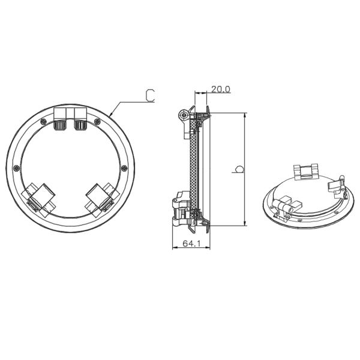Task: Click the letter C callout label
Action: coord(150,94)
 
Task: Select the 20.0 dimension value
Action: coord(220,89)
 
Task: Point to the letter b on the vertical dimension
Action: coord(238,170)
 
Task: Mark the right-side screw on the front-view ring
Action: coord(124,167)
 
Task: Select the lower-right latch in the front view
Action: coord(100,196)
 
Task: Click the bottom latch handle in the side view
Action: coord(180,209)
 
